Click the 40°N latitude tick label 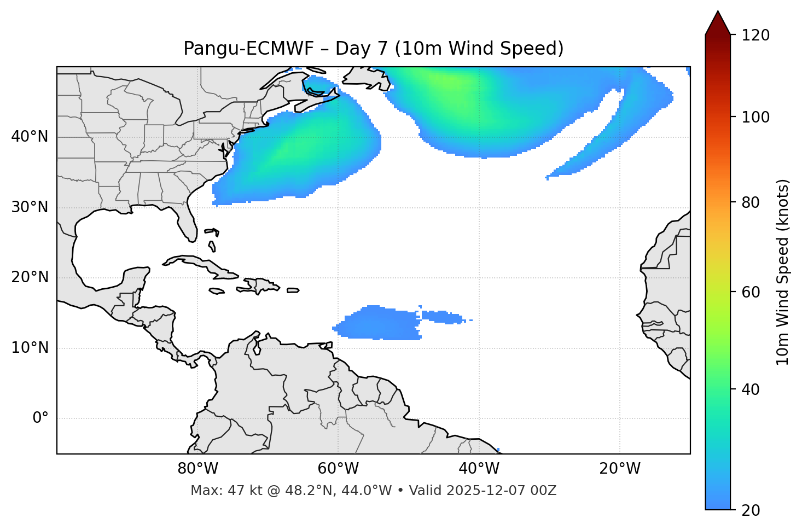point(30,137)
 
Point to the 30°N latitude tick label point(30,207)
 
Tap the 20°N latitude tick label point(30,277)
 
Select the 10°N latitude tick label point(30,348)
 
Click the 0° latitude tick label point(40,418)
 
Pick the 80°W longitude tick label point(197,469)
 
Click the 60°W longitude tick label point(338,469)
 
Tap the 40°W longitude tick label point(479,469)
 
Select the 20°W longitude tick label point(620,469)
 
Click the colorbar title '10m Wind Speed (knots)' point(783,272)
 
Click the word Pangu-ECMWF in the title point(248,49)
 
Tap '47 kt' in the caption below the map point(236,491)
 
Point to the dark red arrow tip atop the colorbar point(718,22)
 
